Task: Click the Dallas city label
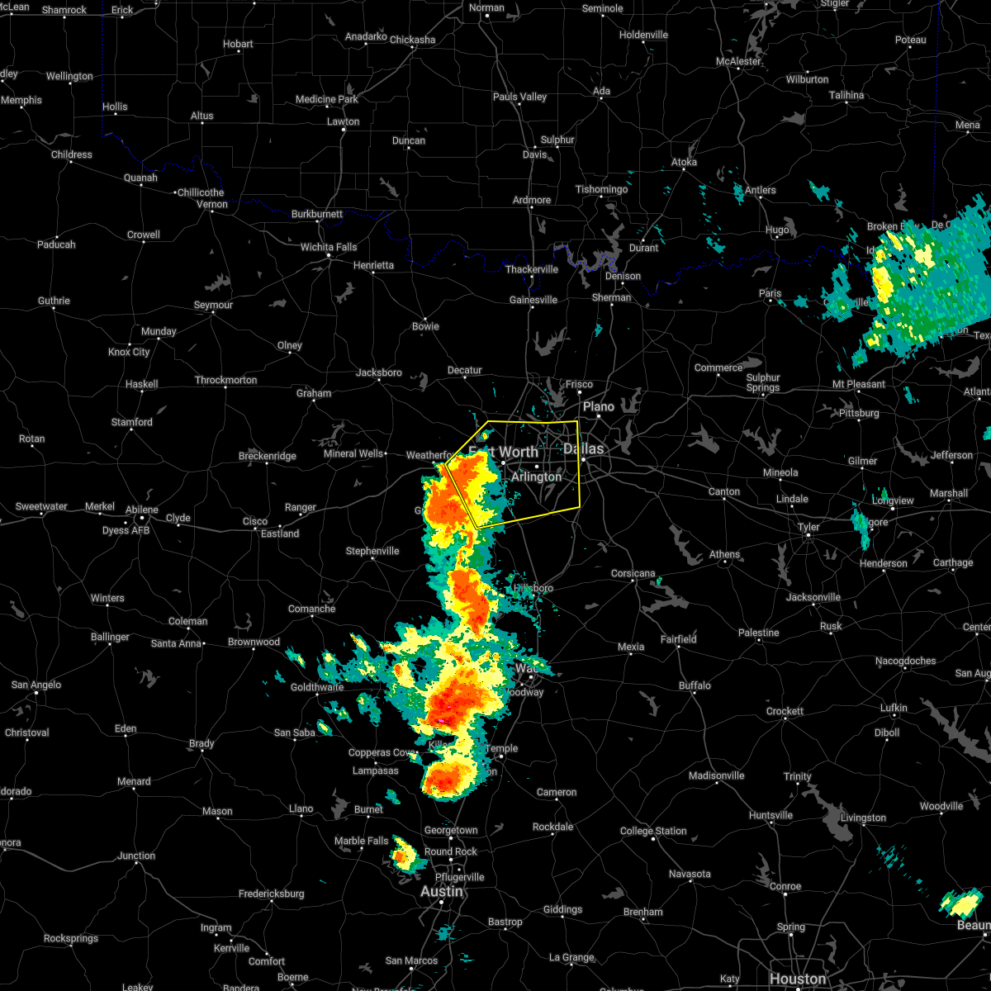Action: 584,448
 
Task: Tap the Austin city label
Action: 442,892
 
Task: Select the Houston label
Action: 798,979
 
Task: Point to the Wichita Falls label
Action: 329,247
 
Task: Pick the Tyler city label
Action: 808,527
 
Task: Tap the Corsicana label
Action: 633,573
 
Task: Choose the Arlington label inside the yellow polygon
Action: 536,477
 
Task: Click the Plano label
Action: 599,406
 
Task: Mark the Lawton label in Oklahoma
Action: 343,121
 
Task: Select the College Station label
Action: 653,831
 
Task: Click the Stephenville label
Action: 372,551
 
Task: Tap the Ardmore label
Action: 532,200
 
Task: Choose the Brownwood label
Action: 254,642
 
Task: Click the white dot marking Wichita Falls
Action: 329,255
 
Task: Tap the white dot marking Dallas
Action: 583,459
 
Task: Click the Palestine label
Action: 758,633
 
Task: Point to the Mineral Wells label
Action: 353,453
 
